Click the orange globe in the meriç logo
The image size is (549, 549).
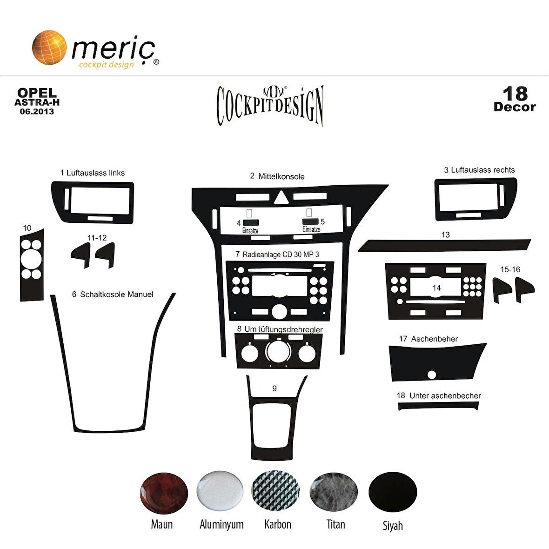point(49,47)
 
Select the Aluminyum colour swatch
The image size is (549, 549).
point(220,491)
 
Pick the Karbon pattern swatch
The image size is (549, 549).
point(276,491)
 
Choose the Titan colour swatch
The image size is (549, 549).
point(334,492)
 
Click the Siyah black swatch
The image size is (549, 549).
point(393,492)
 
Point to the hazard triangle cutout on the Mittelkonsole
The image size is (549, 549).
point(281,197)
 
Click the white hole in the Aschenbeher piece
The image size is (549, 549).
point(432,375)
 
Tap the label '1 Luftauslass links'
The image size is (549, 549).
point(93,173)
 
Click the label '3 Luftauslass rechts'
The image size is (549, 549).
point(479,170)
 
